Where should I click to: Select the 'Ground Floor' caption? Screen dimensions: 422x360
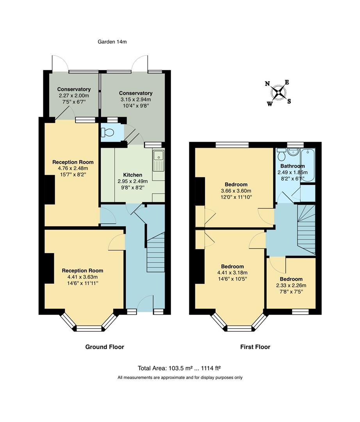(105, 347)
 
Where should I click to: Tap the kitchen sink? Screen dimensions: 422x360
(159, 161)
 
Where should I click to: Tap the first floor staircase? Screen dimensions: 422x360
(307, 231)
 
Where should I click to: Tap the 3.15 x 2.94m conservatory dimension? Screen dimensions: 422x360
(135, 100)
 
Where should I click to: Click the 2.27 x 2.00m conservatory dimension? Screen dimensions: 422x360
(74, 96)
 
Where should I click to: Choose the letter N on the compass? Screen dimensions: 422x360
(267, 84)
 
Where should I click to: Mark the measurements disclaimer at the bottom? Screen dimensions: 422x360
(180, 378)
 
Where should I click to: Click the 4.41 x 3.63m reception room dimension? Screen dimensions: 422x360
(82, 277)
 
